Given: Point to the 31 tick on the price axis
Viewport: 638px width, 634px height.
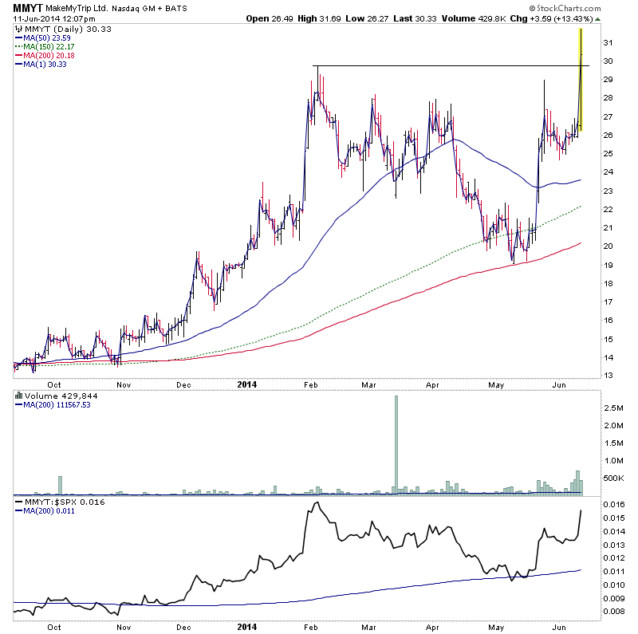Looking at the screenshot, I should tap(607, 43).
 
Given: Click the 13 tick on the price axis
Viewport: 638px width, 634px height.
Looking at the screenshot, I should tap(607, 376).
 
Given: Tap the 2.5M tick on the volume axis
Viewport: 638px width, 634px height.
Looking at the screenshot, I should tap(613, 408).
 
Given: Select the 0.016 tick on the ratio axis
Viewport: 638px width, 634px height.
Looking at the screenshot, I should tap(614, 505).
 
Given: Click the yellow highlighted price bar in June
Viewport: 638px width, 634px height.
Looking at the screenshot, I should tap(581, 80).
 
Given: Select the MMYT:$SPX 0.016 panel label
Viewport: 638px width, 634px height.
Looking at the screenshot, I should tap(53, 502).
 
